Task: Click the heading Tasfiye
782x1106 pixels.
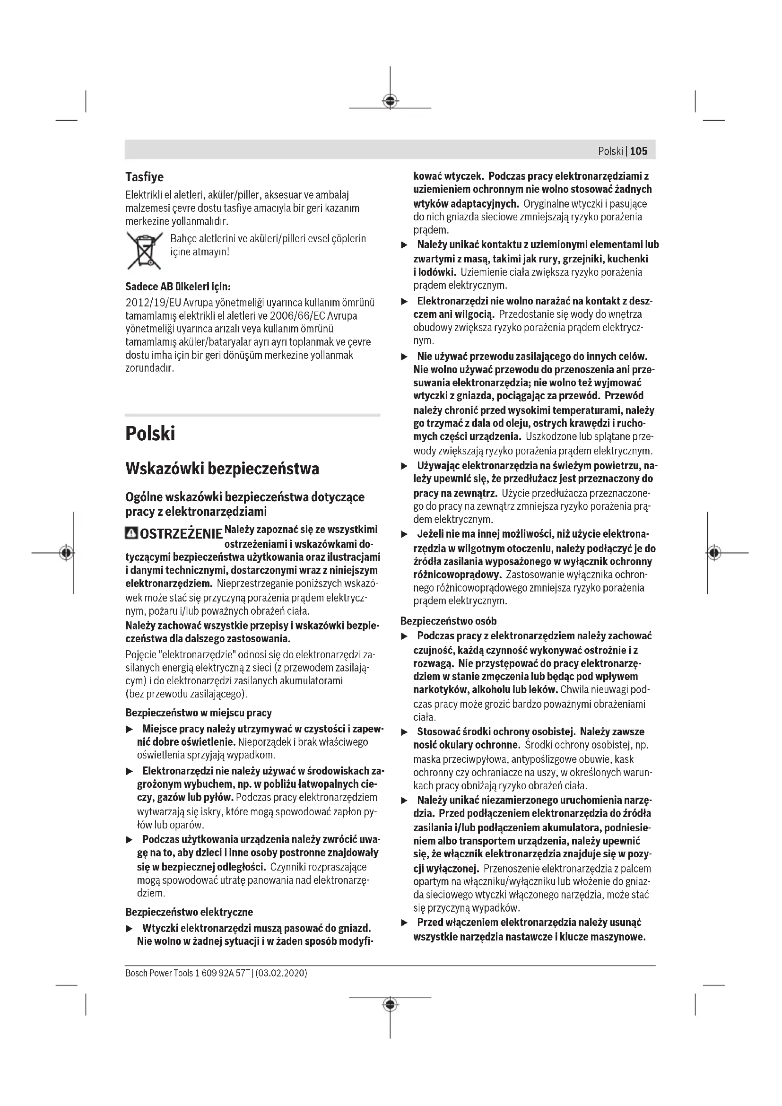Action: [145, 177]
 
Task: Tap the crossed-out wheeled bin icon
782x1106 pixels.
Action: [144, 251]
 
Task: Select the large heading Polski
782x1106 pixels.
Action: [150, 434]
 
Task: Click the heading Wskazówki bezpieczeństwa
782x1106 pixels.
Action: [222, 469]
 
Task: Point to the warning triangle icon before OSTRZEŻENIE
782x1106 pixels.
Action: [130, 533]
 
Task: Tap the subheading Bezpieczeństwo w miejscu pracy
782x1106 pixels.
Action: [199, 713]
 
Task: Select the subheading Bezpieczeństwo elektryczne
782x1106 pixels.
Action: [189, 912]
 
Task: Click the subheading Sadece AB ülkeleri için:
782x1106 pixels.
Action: [178, 287]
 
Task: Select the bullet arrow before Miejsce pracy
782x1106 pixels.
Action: [129, 731]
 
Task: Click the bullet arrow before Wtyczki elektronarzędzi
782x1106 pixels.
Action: [129, 928]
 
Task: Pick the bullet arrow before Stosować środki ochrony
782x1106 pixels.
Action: [405, 732]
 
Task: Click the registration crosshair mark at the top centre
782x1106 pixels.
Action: [390, 101]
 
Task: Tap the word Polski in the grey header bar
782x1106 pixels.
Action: [610, 151]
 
